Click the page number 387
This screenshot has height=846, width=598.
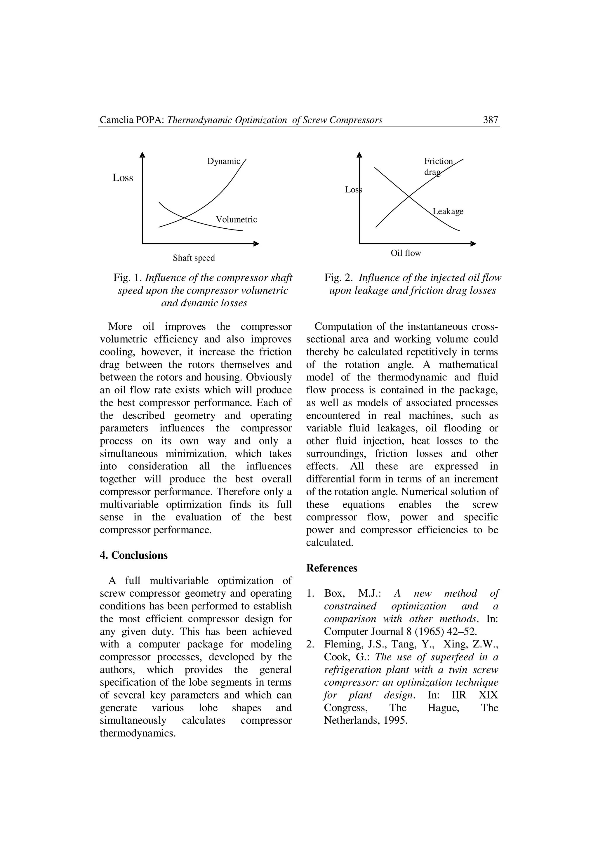[x=491, y=120]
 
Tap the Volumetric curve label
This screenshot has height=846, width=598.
[x=236, y=220]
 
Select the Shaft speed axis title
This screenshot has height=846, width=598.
[x=194, y=258]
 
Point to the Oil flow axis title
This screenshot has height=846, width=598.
[x=406, y=253]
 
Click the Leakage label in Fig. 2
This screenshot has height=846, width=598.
[x=448, y=211]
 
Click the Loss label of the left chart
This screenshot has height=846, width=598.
[x=123, y=178]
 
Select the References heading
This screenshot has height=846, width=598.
[x=332, y=568]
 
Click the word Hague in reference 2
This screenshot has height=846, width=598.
[x=443, y=708]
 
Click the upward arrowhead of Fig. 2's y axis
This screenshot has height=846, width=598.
[x=359, y=154]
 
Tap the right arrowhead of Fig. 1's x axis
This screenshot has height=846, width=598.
[x=257, y=244]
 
